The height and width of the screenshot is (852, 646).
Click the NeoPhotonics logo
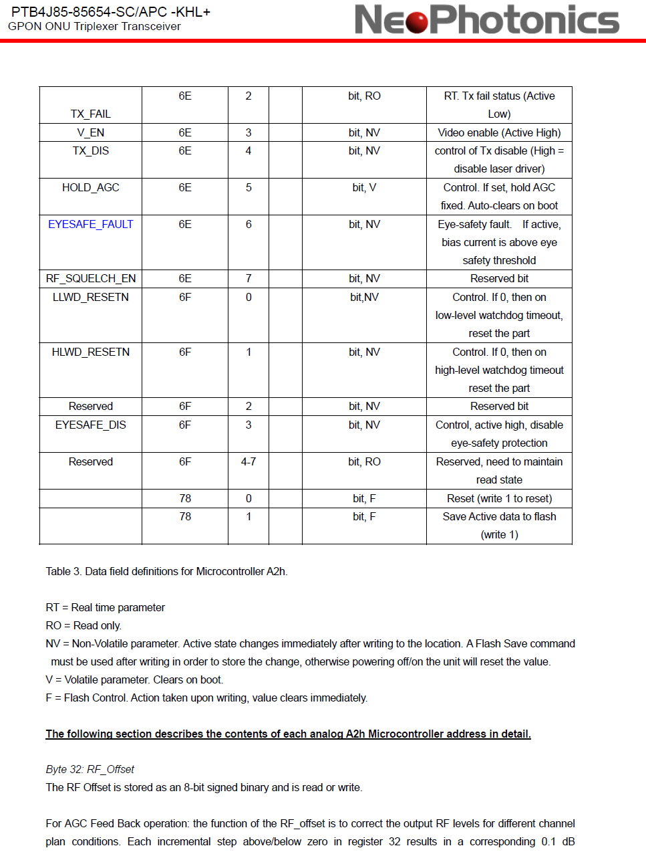tap(486, 19)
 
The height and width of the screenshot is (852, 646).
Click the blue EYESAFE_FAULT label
tap(91, 225)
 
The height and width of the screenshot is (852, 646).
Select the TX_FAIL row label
tap(91, 114)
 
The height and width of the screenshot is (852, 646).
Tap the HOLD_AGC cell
tap(91, 188)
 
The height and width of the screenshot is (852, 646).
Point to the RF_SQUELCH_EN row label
tap(91, 279)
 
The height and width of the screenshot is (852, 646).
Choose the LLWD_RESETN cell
tap(91, 298)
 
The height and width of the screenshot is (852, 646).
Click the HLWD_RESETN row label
tap(91, 352)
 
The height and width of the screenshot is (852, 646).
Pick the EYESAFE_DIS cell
tap(91, 425)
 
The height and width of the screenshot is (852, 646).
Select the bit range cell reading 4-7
tap(249, 462)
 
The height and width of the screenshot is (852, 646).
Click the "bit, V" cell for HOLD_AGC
tap(364, 188)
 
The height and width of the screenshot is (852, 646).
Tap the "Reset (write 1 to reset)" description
tap(499, 499)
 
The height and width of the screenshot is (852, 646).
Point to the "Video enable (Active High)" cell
tap(499, 133)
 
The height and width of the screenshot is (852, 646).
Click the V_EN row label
tap(91, 133)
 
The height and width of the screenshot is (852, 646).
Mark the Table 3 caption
tap(166, 572)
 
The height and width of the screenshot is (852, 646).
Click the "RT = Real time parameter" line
tap(106, 608)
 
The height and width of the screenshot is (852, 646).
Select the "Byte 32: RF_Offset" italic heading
tap(90, 770)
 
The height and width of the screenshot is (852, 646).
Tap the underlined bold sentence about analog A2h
tap(288, 734)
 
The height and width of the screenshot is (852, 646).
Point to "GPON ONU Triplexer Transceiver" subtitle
tap(94, 27)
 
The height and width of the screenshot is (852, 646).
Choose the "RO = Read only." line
tap(84, 626)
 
